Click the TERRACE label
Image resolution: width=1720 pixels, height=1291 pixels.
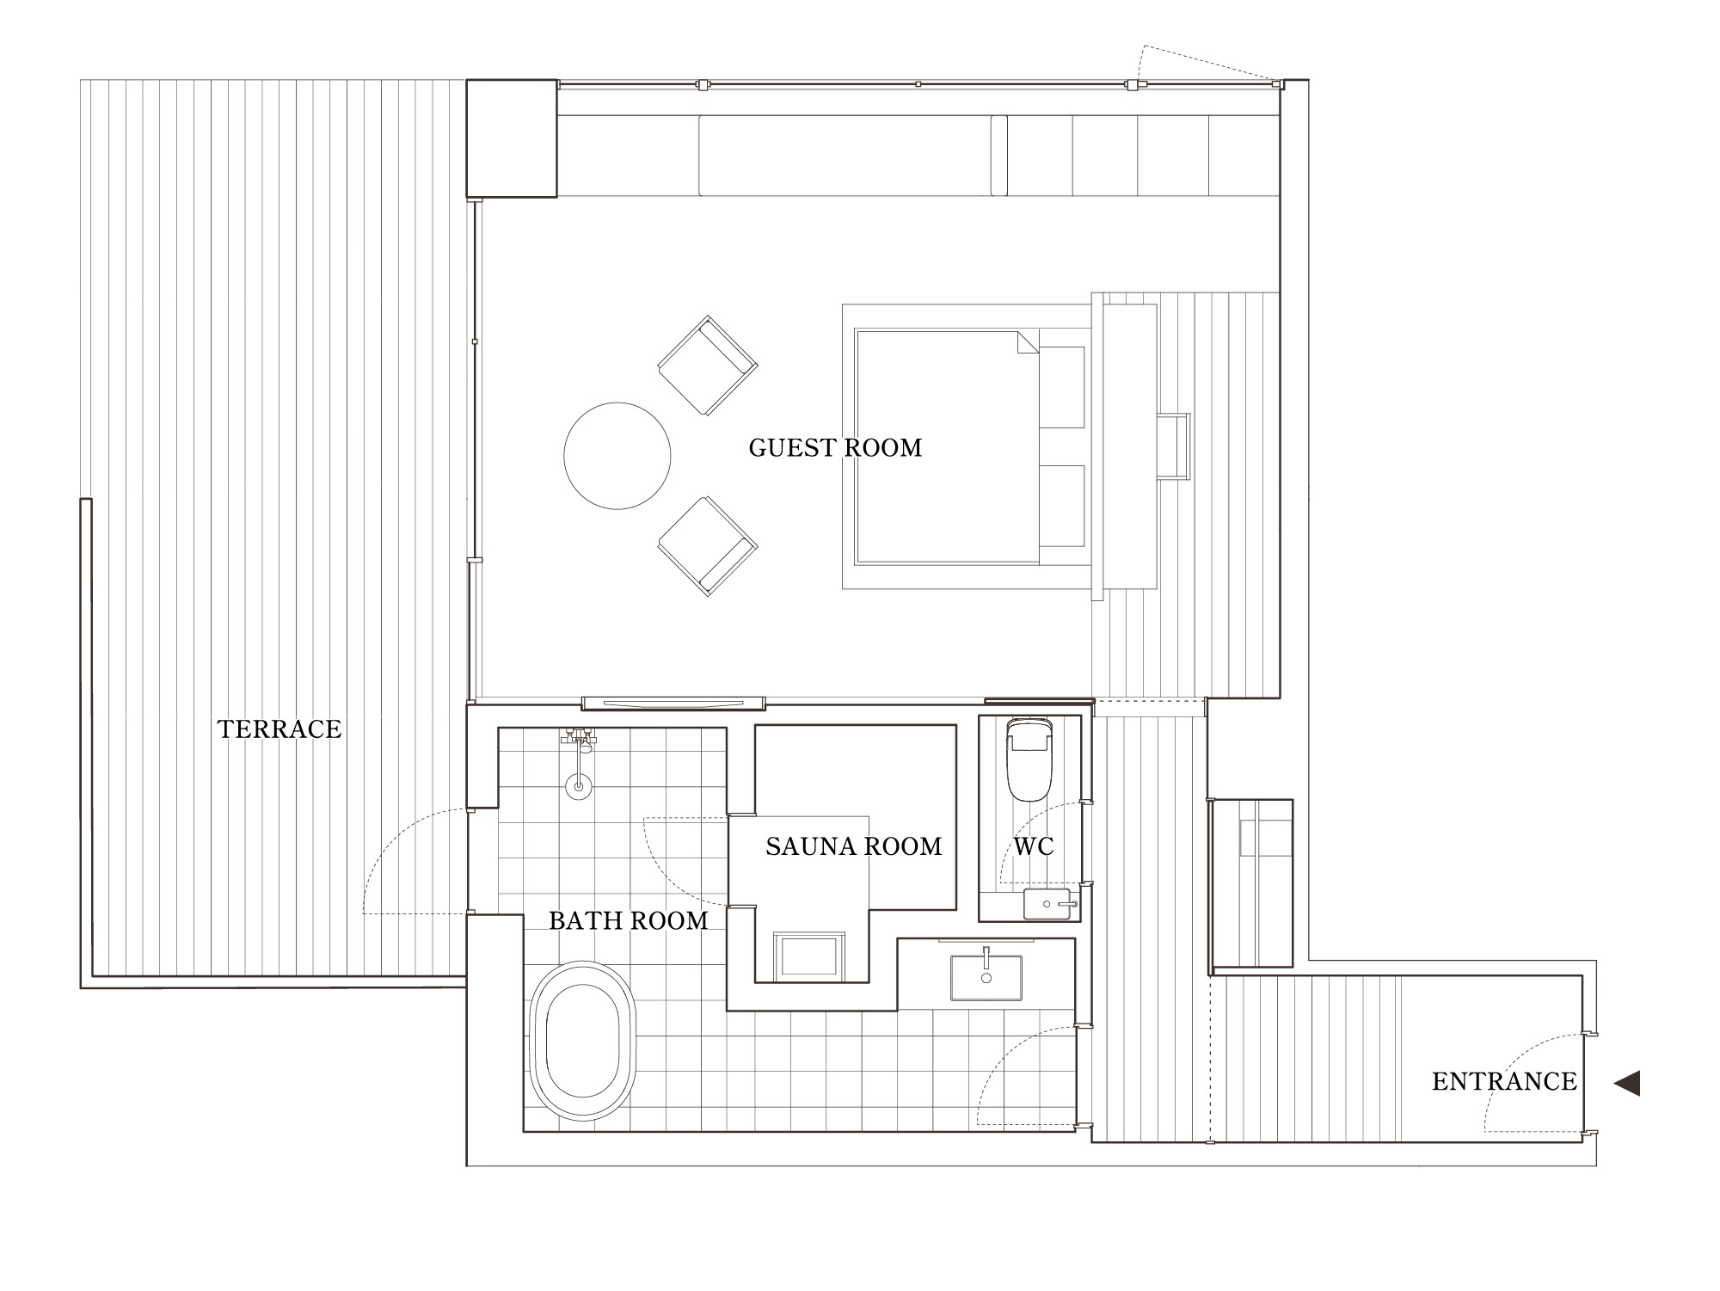coord(279,729)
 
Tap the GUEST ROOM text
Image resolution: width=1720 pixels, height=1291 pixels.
coord(835,447)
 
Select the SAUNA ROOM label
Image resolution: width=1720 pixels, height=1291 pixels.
coord(854,846)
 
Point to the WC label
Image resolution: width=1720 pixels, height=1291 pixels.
coord(1033,846)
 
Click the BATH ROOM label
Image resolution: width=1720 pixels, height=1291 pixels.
coord(629,920)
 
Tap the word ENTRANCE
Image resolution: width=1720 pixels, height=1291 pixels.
coord(1504,1081)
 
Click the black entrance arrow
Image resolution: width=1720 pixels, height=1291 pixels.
coord(1627,1083)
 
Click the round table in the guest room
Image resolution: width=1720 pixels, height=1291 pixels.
coord(617,456)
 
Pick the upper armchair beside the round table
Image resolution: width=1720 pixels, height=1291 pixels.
coord(708,366)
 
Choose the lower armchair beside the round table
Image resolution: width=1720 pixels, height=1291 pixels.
coord(708,546)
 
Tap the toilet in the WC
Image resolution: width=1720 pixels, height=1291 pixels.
coord(1029,759)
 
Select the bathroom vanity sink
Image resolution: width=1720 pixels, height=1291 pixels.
coord(986,978)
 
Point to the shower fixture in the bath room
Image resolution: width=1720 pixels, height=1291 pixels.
coord(580,761)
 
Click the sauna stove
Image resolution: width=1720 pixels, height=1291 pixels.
coord(808,956)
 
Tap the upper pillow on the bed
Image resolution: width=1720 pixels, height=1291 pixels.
coord(1062,387)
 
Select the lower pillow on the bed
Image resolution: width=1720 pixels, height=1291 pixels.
coord(1062,506)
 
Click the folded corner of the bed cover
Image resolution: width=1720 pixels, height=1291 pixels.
coord(1029,341)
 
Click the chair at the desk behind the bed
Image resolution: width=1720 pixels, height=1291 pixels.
coord(1173,446)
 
